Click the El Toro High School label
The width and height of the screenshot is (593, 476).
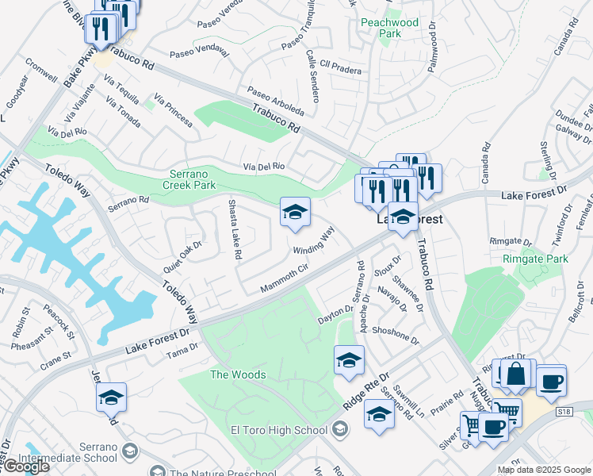coord(278,431)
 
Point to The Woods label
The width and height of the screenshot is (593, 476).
coord(238,374)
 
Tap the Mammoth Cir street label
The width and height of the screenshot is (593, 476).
coord(285,279)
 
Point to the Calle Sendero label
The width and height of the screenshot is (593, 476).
coord(312,76)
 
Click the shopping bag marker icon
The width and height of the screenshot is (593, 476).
coord(516,374)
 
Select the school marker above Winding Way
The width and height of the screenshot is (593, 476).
coord(295,212)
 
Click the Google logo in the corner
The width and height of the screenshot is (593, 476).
coord(26,466)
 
